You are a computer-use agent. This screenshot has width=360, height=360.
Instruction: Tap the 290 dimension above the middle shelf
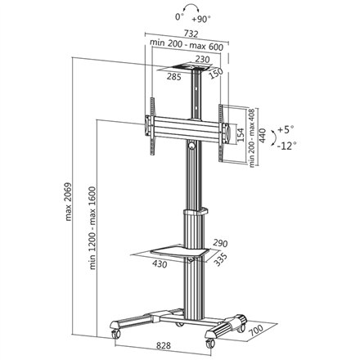pos(219,243)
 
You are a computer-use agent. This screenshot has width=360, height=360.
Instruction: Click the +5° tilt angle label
pos(286,129)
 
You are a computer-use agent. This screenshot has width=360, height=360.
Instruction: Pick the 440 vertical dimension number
pos(263,135)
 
